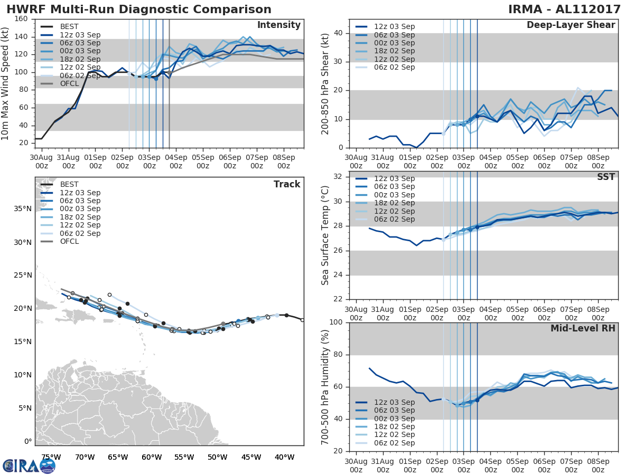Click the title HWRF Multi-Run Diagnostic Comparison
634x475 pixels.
[x=139, y=9]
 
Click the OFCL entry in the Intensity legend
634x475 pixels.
[x=69, y=84]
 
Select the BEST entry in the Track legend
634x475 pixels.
[x=69, y=184]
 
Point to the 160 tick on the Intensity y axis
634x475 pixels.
[x=22, y=19]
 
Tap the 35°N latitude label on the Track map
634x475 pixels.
[x=23, y=208]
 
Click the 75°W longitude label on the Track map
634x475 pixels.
[x=51, y=457]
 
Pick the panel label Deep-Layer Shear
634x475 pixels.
[x=571, y=25]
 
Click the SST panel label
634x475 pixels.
[x=606, y=177]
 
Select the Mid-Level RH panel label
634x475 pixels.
[x=583, y=328]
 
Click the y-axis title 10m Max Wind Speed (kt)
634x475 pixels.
[x=6, y=81]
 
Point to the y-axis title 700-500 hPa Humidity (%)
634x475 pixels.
[x=325, y=386]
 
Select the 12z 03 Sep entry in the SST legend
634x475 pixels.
[x=394, y=178]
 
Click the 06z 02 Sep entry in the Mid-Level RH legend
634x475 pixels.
[x=394, y=443]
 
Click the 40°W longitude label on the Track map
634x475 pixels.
[x=284, y=457]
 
